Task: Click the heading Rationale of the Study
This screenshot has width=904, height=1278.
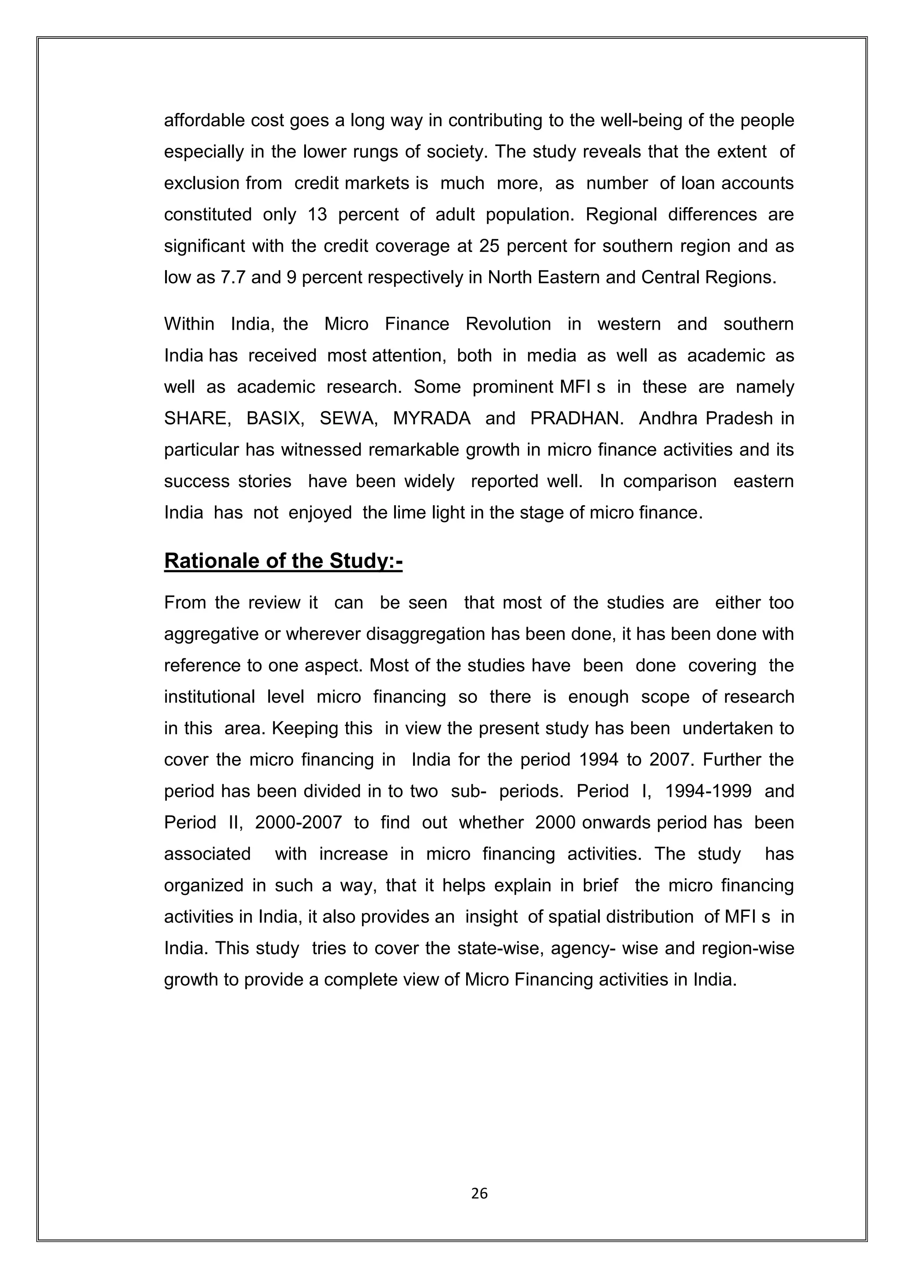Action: click(x=283, y=561)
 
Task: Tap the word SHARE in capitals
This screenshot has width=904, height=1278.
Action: click(x=197, y=418)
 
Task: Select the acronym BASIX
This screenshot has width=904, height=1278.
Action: click(x=275, y=418)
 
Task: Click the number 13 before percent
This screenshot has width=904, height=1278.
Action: click(x=317, y=214)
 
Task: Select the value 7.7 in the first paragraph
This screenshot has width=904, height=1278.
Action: click(x=234, y=277)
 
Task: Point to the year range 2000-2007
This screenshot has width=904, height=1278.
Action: click(x=298, y=822)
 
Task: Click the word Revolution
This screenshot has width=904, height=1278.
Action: click(x=508, y=324)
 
